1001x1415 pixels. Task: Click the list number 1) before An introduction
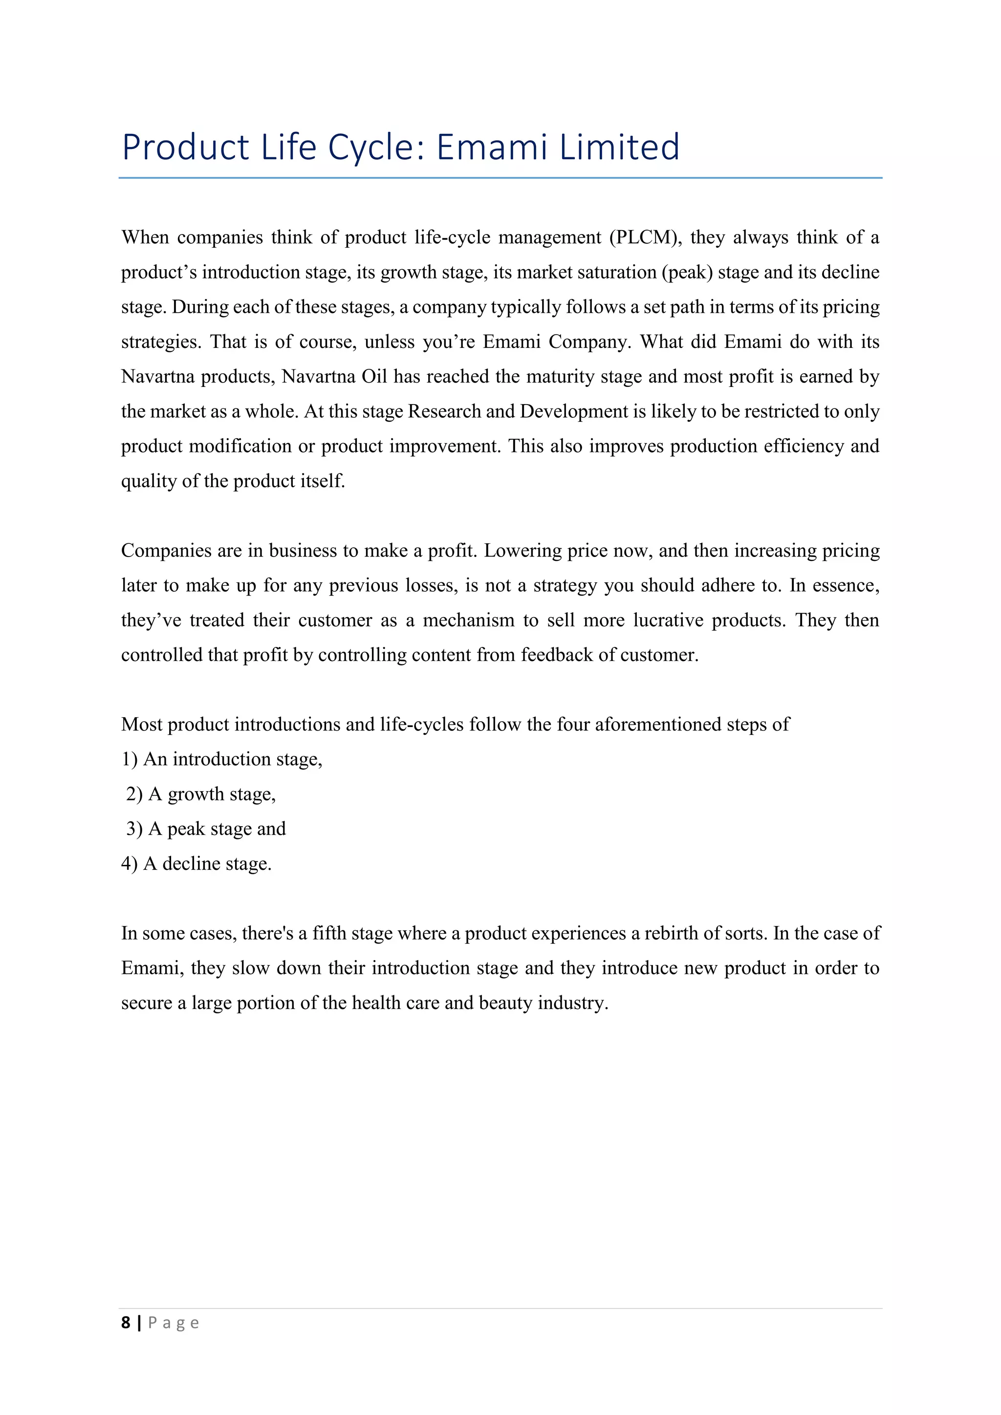pyautogui.click(x=130, y=759)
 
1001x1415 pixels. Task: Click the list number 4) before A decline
pyautogui.click(x=130, y=863)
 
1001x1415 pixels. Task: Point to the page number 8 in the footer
pyautogui.click(x=126, y=1323)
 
